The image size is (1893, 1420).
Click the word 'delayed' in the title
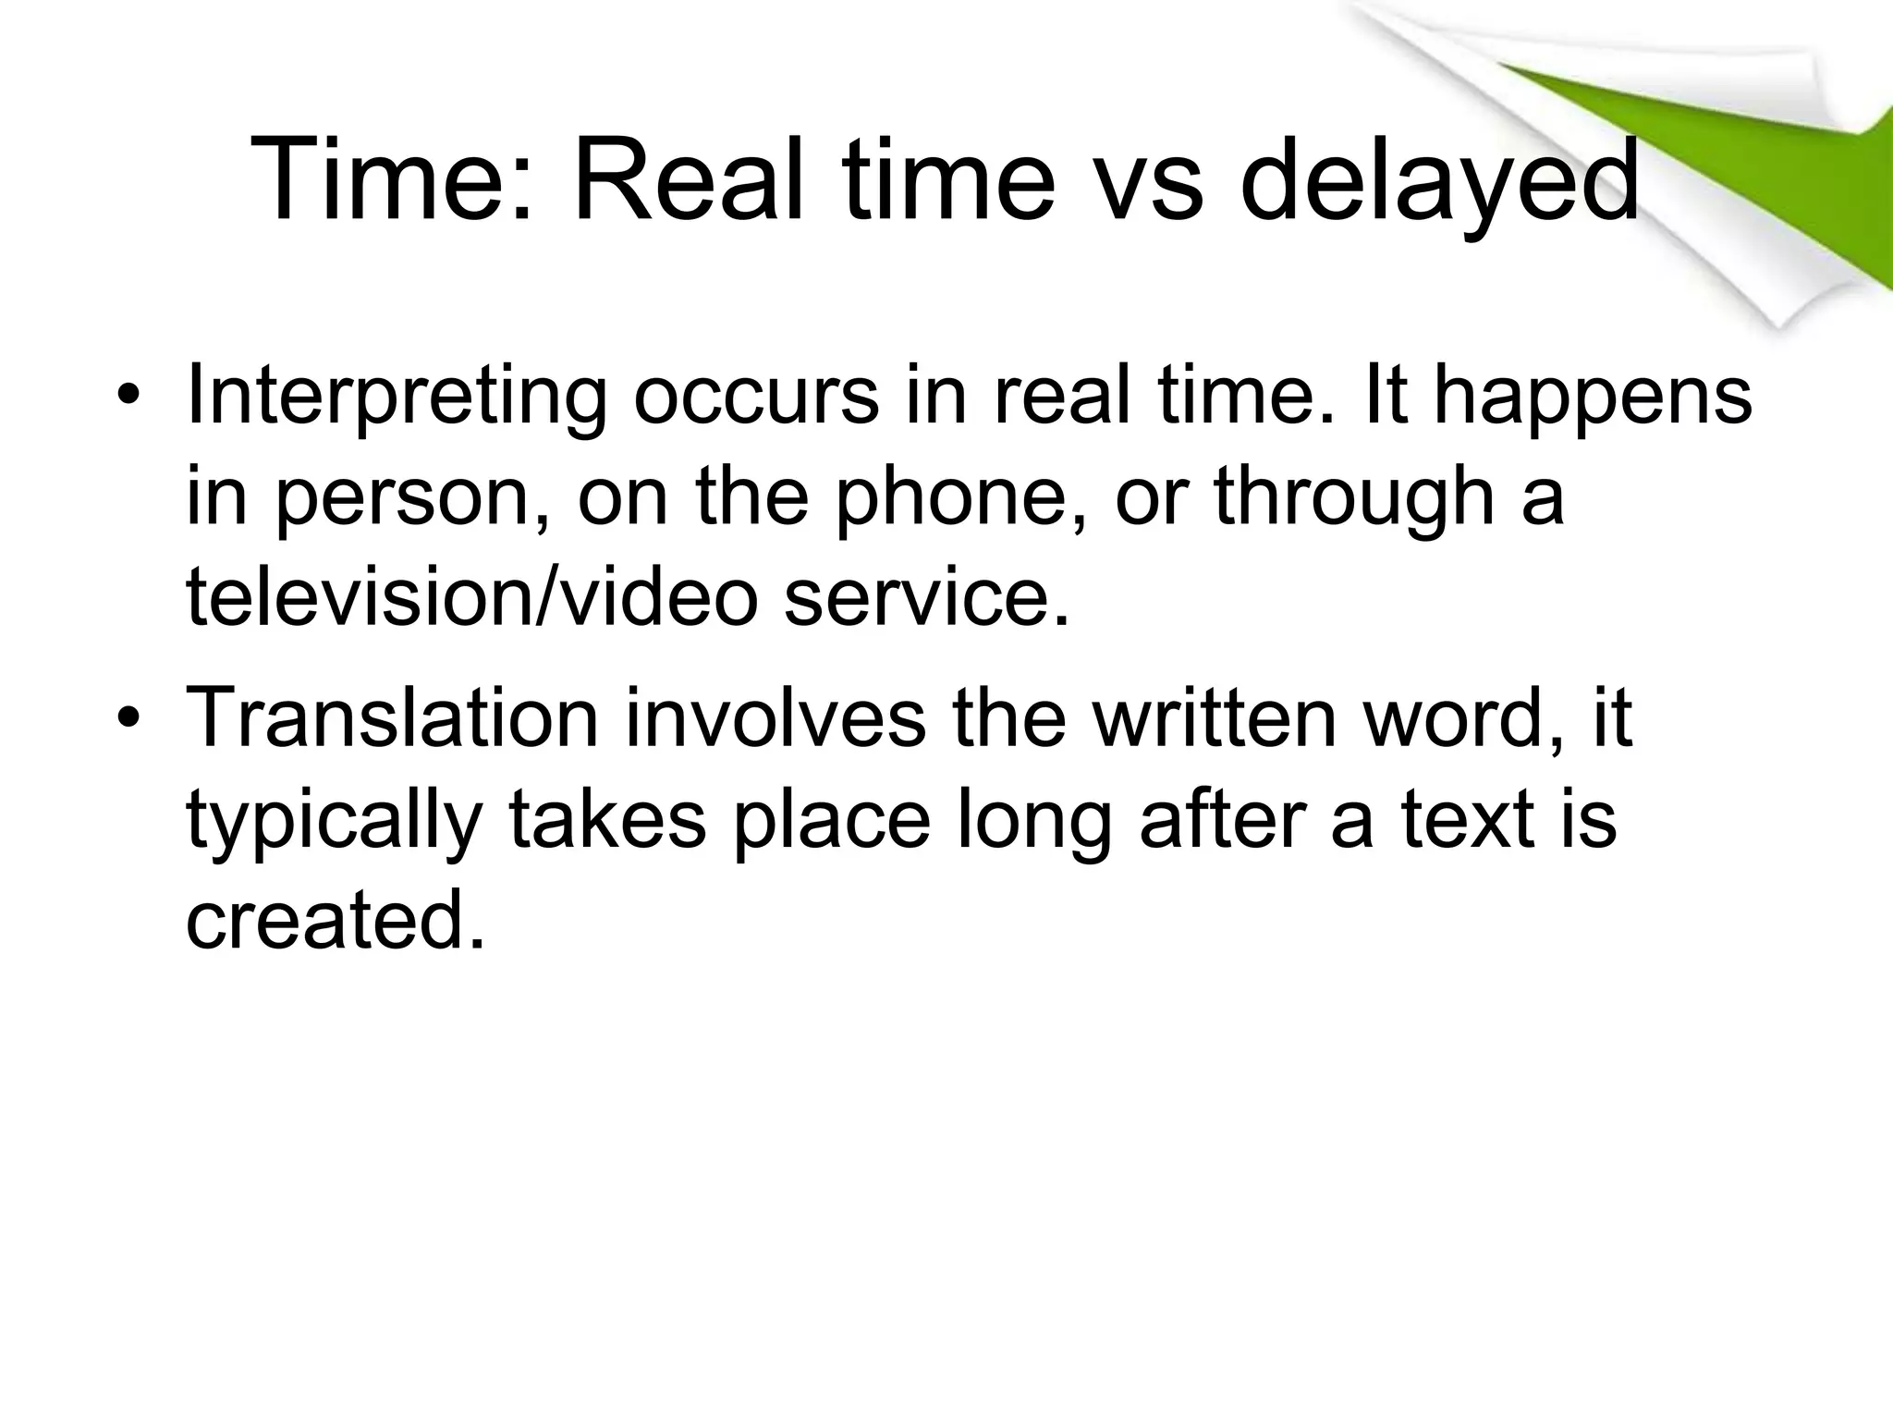pyautogui.click(x=1439, y=181)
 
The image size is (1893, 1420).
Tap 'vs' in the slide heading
pyautogui.click(x=1145, y=181)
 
